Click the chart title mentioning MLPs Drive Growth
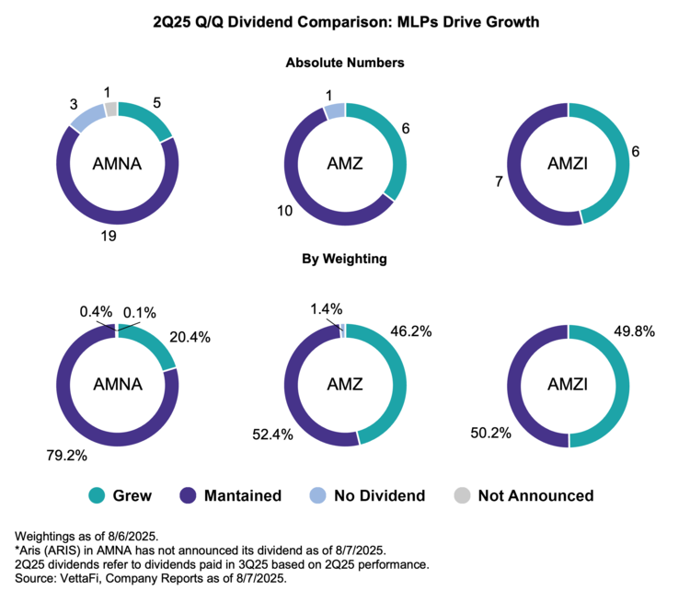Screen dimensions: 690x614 click(x=346, y=22)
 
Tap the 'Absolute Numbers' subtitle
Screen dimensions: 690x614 click(x=345, y=63)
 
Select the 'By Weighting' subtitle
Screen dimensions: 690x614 click(x=345, y=259)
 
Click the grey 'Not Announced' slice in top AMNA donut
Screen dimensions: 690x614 click(x=111, y=110)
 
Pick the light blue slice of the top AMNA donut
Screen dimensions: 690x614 click(x=87, y=118)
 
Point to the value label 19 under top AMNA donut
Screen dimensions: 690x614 click(x=109, y=236)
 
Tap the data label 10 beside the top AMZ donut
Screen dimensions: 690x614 click(x=284, y=211)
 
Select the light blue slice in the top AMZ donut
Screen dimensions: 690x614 click(x=335, y=110)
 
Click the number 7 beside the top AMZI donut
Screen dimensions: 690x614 click(x=499, y=181)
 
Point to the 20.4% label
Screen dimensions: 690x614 click(x=190, y=338)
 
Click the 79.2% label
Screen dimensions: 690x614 click(x=67, y=456)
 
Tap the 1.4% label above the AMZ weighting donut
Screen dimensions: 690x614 click(x=326, y=309)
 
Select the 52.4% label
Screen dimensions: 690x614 click(x=273, y=434)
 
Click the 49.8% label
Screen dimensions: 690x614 click(x=635, y=331)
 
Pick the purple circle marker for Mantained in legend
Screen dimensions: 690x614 click(x=188, y=495)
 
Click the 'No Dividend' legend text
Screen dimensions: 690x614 click(x=380, y=495)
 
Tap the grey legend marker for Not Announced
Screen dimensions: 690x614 click(x=462, y=495)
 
